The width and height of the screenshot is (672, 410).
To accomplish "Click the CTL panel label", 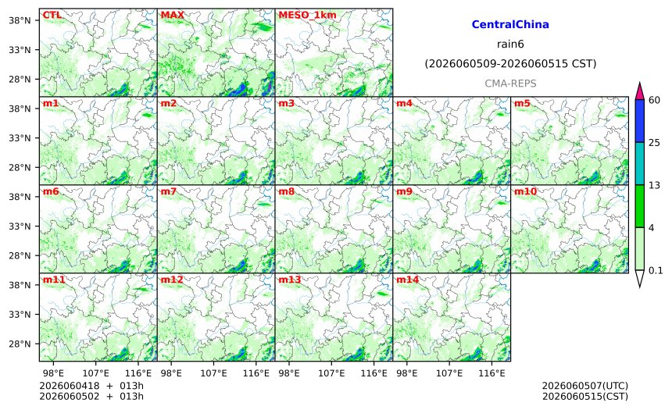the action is [52, 15].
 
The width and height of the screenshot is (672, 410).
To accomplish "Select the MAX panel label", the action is [172, 15].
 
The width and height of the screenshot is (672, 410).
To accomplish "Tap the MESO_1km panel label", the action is [307, 16].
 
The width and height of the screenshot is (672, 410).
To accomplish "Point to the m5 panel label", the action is [522, 103].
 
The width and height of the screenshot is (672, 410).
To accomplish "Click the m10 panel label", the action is [525, 191].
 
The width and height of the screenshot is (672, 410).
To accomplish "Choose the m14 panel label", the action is [408, 280].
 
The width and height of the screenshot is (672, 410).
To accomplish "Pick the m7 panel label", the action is [169, 191].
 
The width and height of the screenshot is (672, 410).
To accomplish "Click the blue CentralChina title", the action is [510, 24].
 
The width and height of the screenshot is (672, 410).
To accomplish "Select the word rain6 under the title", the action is [510, 45].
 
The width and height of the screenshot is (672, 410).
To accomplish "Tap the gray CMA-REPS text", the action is [510, 84].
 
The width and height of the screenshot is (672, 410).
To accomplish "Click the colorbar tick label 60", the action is [655, 100].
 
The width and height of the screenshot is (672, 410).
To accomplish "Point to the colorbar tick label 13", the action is [655, 186].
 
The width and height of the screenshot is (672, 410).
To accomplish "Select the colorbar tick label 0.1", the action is [656, 271].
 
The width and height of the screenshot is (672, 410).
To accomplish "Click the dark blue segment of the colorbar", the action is [639, 121].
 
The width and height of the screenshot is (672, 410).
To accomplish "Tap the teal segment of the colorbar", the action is [639, 164].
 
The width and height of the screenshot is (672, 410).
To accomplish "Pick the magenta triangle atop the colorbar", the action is [639, 92].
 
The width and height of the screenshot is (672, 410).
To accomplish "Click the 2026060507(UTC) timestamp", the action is [585, 386].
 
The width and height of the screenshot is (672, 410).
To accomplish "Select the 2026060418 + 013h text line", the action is [91, 386].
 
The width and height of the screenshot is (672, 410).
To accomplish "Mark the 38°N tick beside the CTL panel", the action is [20, 20].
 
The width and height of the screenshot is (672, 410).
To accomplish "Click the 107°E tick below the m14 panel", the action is [449, 373].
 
